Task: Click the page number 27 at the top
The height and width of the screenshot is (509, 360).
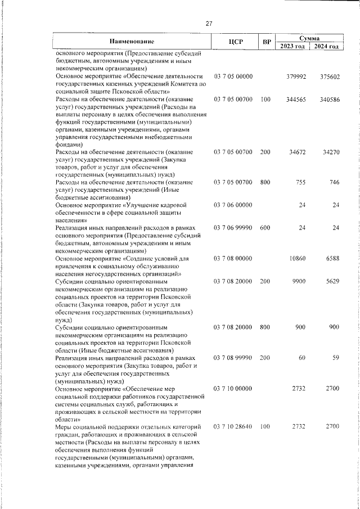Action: point(209,24)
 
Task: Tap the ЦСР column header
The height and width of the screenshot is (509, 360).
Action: point(235,42)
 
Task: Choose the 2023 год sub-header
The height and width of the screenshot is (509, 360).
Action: point(292,46)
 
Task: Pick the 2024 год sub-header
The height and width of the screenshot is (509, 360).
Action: point(326,46)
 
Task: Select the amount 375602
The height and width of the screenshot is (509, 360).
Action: point(328,76)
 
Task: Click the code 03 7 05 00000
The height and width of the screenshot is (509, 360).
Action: point(233,76)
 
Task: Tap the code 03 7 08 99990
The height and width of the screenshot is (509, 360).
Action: point(233,358)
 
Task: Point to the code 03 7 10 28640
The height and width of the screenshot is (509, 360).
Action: point(233,427)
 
